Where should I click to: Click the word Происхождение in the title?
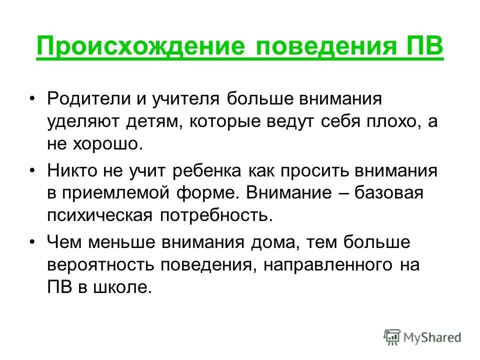[140, 49]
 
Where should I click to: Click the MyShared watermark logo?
[422, 336]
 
